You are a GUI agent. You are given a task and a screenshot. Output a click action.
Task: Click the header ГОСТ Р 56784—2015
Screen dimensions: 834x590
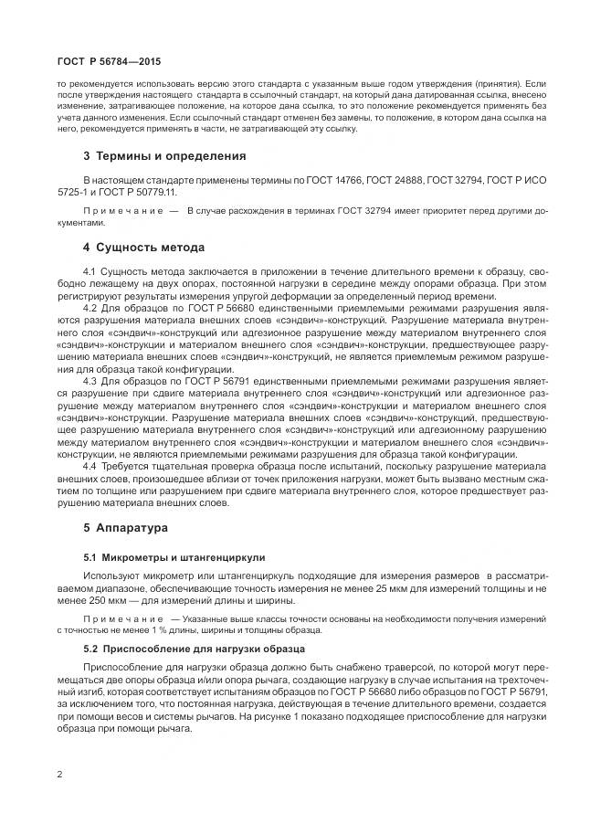[95, 60]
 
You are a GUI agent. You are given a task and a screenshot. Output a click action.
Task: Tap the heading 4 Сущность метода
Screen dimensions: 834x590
[143, 248]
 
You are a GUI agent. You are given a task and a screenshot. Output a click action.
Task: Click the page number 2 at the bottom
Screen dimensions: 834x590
[59, 775]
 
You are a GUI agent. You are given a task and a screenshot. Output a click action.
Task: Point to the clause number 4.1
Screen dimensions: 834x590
[90, 272]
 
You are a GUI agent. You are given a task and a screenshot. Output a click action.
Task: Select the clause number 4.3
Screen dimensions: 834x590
[90, 379]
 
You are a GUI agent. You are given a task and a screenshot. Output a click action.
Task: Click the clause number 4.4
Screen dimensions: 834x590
[90, 466]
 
